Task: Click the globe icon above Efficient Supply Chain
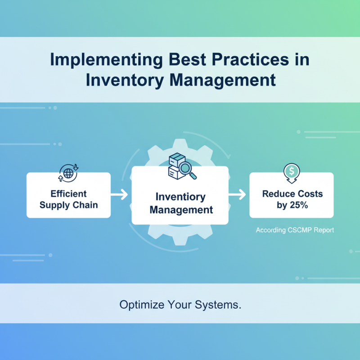[x=68, y=173]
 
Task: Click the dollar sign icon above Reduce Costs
[x=292, y=172]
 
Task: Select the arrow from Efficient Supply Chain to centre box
[x=120, y=195]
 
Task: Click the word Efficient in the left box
[x=68, y=194]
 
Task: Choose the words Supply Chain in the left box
[x=68, y=205]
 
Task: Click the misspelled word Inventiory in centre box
[x=180, y=197]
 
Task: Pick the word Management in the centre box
[x=181, y=210]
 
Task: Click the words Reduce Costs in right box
[x=292, y=194]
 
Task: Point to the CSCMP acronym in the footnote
[x=301, y=230]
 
